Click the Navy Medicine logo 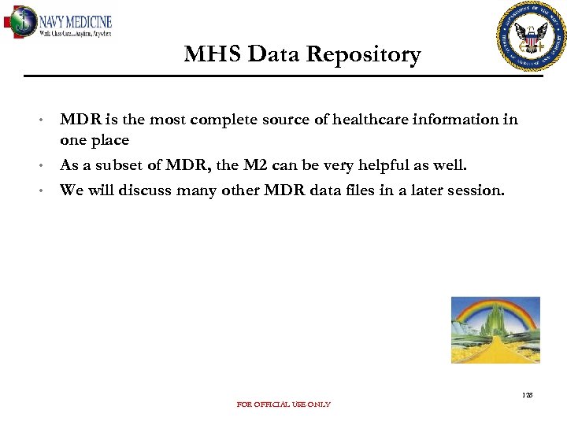pyautogui.click(x=59, y=23)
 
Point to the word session pyautogui.click(x=474, y=190)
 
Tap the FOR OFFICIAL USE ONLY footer pyautogui.click(x=283, y=405)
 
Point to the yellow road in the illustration pyautogui.click(x=497, y=351)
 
